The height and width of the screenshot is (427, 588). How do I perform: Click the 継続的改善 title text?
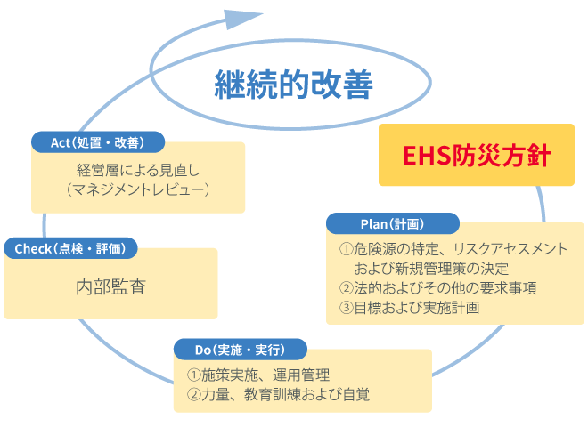click(x=292, y=85)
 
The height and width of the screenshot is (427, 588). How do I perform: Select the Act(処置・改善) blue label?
click(x=99, y=142)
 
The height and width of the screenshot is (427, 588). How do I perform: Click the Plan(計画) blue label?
click(x=392, y=222)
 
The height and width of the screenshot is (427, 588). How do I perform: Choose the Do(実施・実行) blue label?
click(x=238, y=348)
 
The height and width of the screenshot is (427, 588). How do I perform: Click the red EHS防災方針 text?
click(x=464, y=156)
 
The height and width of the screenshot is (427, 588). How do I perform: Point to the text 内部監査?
click(x=110, y=286)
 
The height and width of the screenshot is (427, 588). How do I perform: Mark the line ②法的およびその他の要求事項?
click(x=438, y=287)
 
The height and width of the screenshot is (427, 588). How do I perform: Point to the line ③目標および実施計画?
click(x=410, y=309)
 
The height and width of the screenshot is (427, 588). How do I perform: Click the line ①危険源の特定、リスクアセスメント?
click(x=453, y=248)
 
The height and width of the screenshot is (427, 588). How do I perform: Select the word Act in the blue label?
click(x=61, y=142)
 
